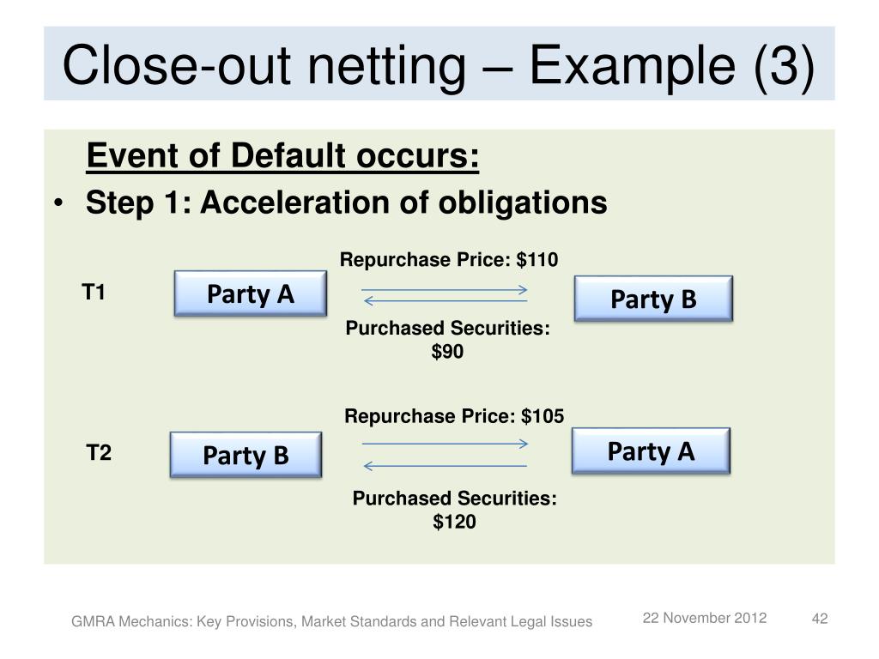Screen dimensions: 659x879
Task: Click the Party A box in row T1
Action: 250,295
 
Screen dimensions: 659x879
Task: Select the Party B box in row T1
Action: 653,299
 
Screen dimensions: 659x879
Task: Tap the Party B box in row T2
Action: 246,455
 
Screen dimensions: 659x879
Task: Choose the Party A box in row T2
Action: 651,451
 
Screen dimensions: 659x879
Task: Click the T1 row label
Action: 94,293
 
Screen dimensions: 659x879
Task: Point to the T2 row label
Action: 99,452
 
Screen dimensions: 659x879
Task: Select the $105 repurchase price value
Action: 543,417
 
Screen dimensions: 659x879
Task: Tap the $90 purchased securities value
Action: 447,351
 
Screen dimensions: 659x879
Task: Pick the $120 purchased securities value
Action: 454,522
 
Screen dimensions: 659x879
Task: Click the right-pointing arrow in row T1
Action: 444,291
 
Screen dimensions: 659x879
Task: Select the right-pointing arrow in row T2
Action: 445,444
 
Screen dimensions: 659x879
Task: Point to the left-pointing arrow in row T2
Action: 445,466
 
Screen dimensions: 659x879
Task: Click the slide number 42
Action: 819,620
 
